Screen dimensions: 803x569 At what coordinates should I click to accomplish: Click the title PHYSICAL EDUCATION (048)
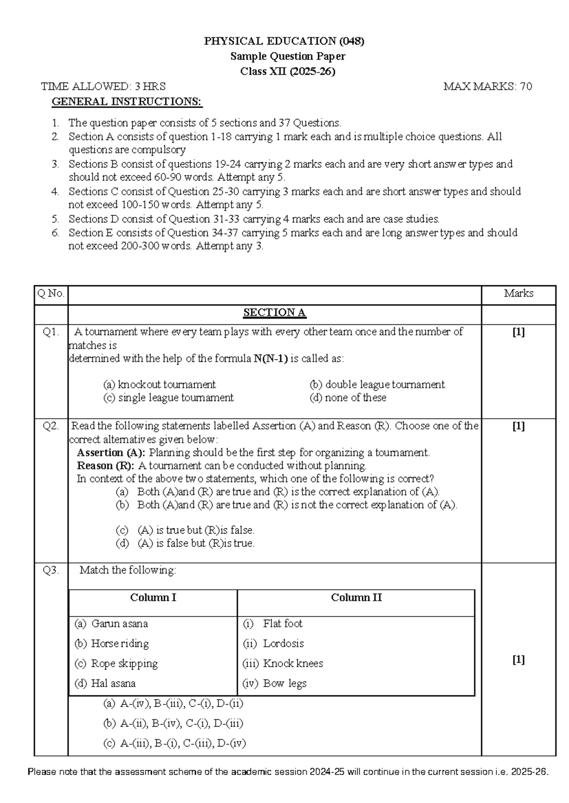tap(284, 41)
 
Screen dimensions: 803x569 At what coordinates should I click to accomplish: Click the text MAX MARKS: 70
tap(487, 86)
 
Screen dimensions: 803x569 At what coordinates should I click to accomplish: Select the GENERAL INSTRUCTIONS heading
tap(127, 101)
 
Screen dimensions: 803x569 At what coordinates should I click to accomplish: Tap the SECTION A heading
tap(274, 312)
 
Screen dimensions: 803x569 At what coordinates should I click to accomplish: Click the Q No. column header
tap(51, 294)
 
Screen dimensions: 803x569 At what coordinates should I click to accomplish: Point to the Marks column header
tap(518, 294)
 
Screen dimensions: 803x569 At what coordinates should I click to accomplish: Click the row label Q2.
tap(51, 426)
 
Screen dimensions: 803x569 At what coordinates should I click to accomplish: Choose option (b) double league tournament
tap(377, 384)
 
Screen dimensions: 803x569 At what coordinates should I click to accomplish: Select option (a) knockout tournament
tap(159, 384)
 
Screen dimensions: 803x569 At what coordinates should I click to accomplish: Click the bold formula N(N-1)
tap(270, 358)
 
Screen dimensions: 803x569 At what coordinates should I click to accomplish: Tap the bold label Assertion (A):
tap(111, 453)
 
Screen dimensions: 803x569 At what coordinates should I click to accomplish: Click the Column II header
tap(356, 598)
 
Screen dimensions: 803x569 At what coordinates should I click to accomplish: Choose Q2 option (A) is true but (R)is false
tap(195, 530)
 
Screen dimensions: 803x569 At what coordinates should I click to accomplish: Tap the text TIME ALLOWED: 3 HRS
tap(103, 86)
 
